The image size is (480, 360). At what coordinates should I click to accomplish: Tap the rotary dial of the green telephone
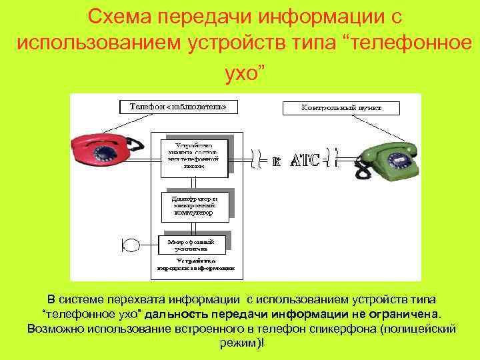(397, 161)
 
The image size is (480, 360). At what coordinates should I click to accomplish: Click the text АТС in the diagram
(305, 161)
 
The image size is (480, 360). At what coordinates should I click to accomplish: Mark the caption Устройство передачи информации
(196, 265)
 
